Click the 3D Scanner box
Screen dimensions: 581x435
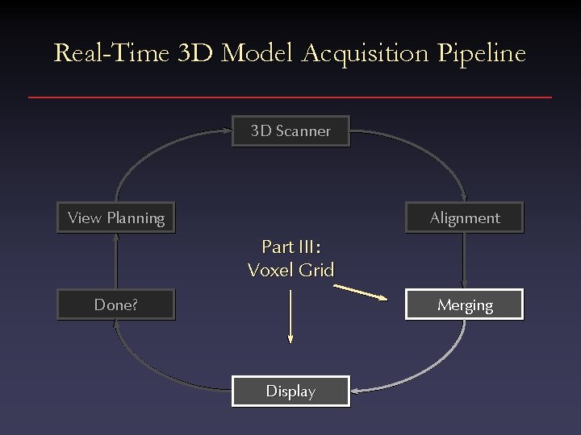click(x=290, y=131)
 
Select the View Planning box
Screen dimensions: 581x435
click(x=115, y=217)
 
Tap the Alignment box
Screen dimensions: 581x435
click(x=464, y=217)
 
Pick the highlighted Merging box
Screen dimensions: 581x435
click(x=464, y=304)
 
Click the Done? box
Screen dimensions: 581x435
click(x=115, y=304)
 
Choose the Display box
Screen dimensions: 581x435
click(x=290, y=391)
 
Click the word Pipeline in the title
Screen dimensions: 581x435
click(x=482, y=54)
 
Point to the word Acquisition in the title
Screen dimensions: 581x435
click(x=366, y=54)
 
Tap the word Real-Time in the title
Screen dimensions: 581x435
click(x=111, y=54)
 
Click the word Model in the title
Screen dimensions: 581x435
click(x=258, y=54)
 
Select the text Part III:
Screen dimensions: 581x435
click(x=290, y=246)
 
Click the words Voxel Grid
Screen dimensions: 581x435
click(x=290, y=270)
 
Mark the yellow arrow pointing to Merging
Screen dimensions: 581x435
click(x=367, y=292)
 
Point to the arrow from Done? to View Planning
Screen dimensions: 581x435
click(x=115, y=261)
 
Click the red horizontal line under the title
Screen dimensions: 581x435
click(x=290, y=97)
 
